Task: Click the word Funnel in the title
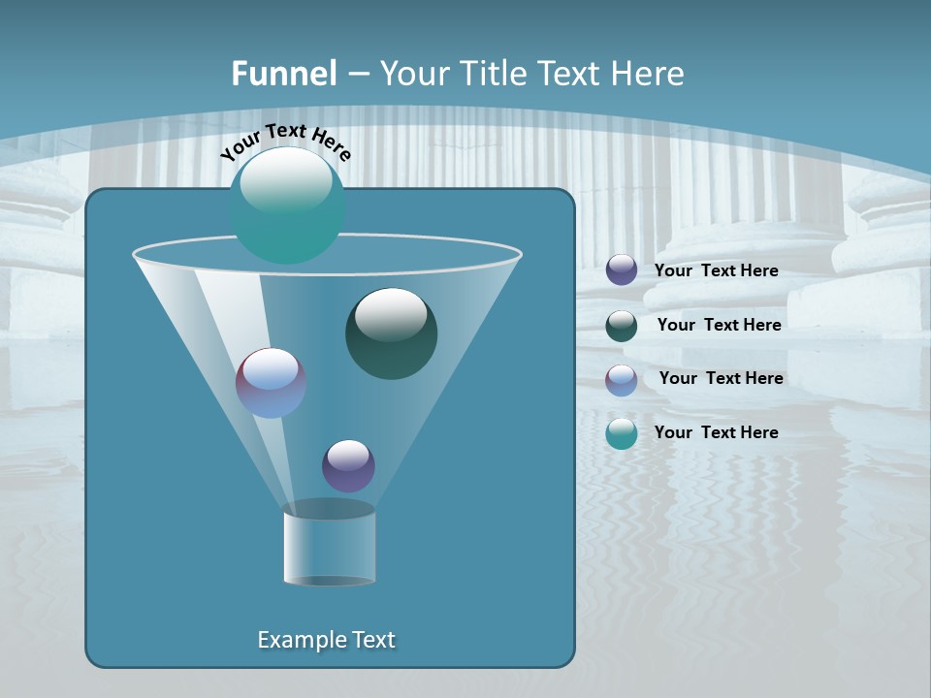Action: click(x=284, y=74)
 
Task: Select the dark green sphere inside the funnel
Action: click(x=391, y=334)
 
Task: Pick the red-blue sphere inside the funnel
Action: click(x=271, y=383)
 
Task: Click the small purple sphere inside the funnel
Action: click(x=348, y=465)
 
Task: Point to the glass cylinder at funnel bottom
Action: click(x=329, y=545)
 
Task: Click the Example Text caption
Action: click(x=326, y=640)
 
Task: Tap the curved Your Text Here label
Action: click(x=285, y=142)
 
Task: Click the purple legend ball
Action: click(x=622, y=270)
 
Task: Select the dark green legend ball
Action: click(x=622, y=326)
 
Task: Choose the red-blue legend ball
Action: click(x=622, y=379)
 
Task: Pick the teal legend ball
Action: click(x=622, y=433)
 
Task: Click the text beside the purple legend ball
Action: click(x=716, y=270)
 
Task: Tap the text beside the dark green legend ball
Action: click(x=719, y=325)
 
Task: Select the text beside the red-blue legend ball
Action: click(x=721, y=378)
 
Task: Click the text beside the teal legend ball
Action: click(x=716, y=432)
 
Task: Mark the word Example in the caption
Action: click(x=300, y=640)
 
